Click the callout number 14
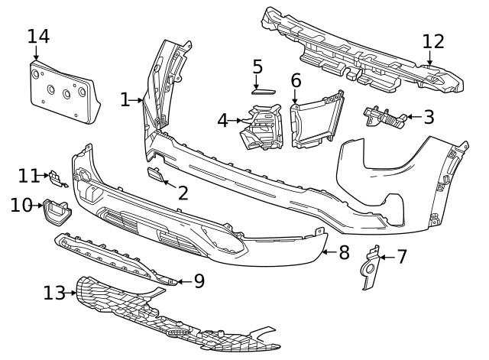(38, 37)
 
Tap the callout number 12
(433, 41)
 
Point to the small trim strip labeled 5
(264, 92)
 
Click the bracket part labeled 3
(385, 117)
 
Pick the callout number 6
(296, 80)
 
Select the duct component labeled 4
(262, 127)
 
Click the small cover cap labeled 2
(155, 174)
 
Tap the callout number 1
(125, 100)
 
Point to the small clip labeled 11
(57, 179)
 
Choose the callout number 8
(344, 252)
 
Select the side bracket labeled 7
(372, 268)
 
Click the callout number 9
(199, 281)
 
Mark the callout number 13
(54, 293)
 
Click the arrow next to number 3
(414, 117)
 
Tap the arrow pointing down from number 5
(257, 83)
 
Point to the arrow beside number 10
(37, 206)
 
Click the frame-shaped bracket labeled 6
(316, 119)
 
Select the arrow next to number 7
(387, 258)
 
